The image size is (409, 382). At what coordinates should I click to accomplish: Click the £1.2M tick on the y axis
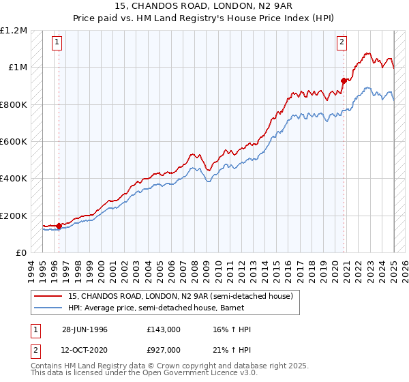(x=14, y=31)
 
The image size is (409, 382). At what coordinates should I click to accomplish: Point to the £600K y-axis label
(x=13, y=142)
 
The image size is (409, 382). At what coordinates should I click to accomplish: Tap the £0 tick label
(x=20, y=253)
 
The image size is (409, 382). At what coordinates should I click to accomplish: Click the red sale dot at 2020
(x=344, y=80)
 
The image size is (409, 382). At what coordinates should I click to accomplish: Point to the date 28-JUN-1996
(x=84, y=329)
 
